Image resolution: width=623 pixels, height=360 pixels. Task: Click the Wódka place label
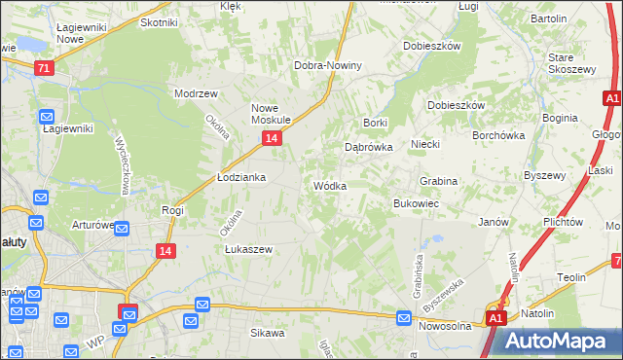[330, 186]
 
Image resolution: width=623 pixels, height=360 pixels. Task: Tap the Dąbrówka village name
[368, 147]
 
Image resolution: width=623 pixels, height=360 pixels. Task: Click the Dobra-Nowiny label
[328, 65]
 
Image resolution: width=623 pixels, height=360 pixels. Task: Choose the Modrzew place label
[195, 93]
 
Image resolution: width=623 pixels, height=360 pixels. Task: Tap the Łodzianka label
[240, 177]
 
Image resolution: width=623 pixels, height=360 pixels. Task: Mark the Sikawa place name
[268, 333]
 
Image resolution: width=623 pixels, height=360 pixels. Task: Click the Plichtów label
[564, 222]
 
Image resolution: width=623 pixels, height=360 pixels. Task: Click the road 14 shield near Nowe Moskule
[272, 140]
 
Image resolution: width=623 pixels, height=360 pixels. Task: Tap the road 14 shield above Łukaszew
[166, 251]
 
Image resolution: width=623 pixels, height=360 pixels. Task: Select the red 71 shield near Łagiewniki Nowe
[42, 69]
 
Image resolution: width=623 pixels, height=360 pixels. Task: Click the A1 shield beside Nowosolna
[495, 318]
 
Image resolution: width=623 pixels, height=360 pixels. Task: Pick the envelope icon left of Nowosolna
[404, 317]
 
